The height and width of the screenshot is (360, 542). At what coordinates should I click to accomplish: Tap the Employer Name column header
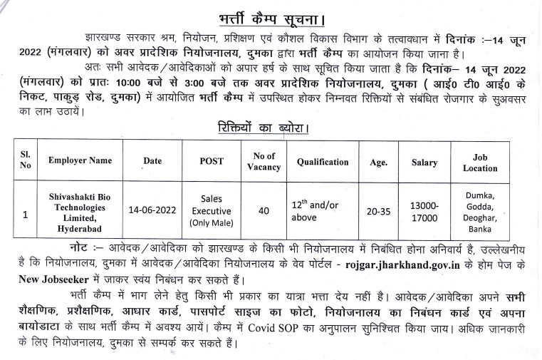click(80, 161)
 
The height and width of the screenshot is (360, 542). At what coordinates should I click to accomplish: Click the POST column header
click(212, 161)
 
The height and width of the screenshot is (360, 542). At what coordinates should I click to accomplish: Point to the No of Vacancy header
click(264, 161)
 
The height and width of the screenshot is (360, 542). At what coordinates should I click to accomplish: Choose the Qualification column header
click(323, 162)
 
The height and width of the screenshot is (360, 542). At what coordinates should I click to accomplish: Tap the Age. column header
click(378, 162)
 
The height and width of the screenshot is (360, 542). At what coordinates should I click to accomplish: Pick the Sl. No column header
click(26, 161)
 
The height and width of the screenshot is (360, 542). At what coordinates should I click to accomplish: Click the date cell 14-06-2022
click(152, 210)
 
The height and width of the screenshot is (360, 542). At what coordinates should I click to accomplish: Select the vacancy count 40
click(264, 210)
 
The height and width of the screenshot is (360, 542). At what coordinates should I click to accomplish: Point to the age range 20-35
click(377, 210)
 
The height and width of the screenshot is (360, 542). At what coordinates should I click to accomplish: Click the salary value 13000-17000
click(424, 211)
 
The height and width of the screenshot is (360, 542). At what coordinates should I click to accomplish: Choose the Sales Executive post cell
click(212, 210)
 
